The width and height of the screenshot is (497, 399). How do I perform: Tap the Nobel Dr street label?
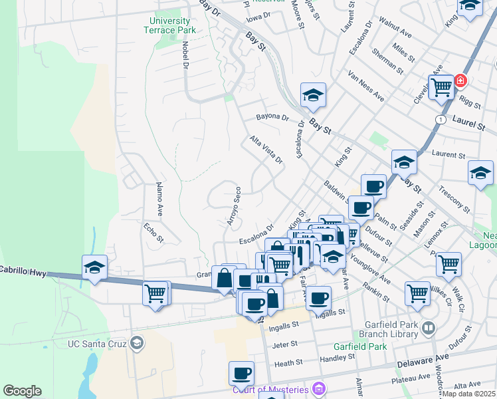point(184,53)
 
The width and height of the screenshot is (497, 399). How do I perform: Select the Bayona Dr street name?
point(273,118)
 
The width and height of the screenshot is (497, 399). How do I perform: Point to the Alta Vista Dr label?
point(266,150)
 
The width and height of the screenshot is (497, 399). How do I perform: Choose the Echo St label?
point(153,232)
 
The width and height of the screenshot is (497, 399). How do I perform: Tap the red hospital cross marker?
point(460,82)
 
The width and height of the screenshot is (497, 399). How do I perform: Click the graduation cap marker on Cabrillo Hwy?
point(94,267)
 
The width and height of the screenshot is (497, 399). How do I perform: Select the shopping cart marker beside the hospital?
point(441,86)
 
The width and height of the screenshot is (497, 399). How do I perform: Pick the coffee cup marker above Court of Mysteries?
point(241,372)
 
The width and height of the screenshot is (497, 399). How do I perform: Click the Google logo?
point(22,391)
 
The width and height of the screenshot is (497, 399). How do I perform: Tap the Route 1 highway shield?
point(440,118)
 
